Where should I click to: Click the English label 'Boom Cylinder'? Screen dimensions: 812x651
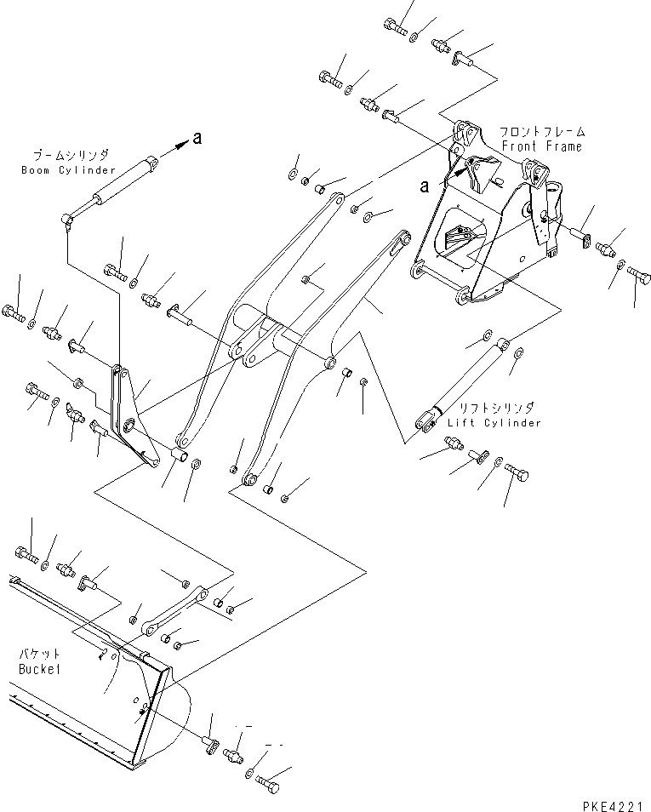coord(69,170)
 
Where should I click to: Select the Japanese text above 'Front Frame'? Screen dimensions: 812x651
coord(543,132)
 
